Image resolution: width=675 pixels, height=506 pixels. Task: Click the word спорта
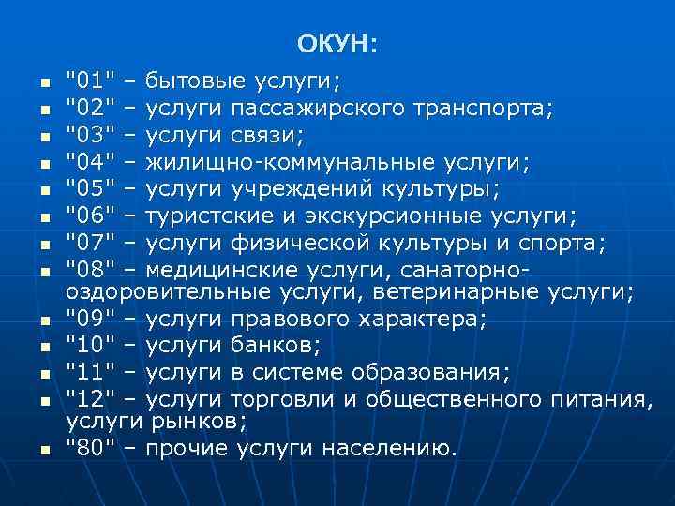(x=566, y=246)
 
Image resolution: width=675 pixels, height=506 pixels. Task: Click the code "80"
(x=90, y=449)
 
